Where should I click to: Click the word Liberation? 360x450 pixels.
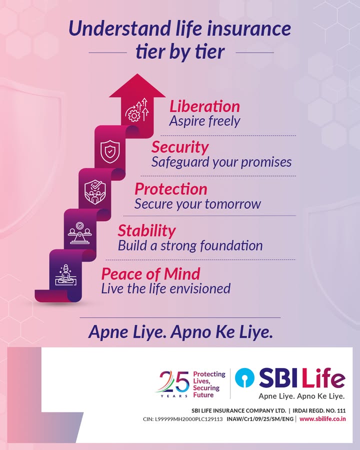(204, 106)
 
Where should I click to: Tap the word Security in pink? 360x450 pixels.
(179, 147)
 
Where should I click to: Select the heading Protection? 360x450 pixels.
(170, 189)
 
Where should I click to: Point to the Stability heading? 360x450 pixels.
(146, 231)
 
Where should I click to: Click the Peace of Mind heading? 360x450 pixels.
(150, 273)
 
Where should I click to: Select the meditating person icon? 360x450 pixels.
(65, 274)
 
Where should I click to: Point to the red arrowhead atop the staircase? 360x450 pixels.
(137, 86)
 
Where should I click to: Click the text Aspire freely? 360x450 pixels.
(204, 121)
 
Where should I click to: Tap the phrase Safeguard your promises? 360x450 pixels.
(221, 162)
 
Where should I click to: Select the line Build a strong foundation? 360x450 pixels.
(190, 246)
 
